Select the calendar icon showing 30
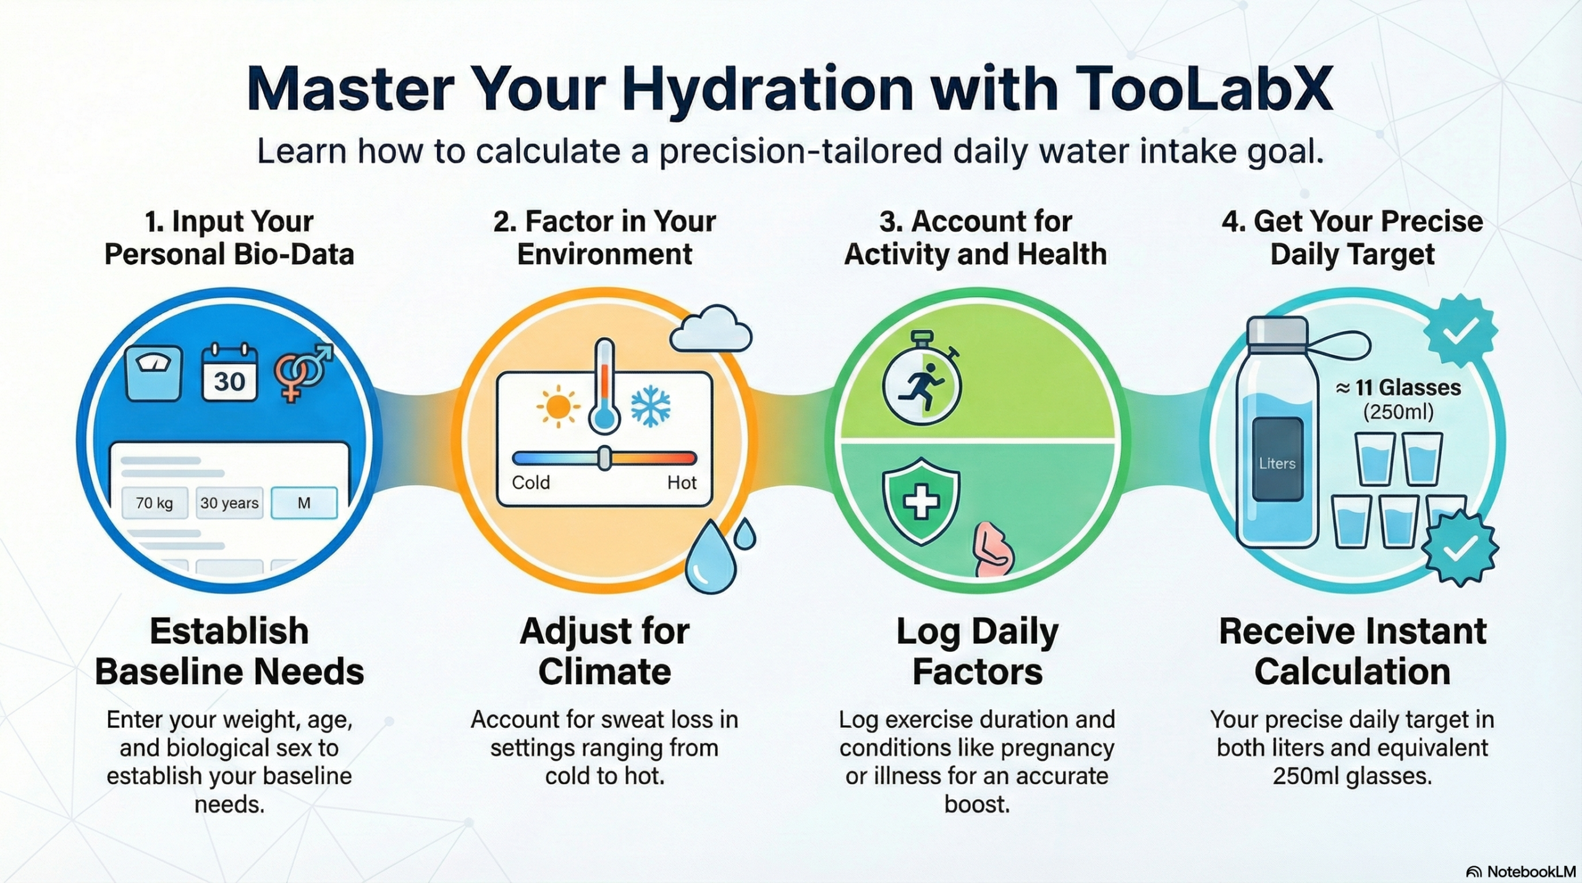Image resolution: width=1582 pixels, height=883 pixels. (229, 374)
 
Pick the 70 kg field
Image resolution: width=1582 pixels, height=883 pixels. (154, 503)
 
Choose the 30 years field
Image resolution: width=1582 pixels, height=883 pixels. (229, 503)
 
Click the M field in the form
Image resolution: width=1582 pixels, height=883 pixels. (304, 503)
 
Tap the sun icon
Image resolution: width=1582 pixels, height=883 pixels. (557, 407)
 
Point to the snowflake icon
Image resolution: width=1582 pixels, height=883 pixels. (650, 407)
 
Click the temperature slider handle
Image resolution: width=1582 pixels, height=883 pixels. (604, 458)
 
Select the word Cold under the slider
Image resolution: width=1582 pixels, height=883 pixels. (531, 483)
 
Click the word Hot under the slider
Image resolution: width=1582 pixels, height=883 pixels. (682, 483)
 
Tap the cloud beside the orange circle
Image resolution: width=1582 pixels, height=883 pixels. (711, 329)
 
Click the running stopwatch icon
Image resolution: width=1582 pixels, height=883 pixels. (921, 385)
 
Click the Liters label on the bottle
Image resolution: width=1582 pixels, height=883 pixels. (1277, 463)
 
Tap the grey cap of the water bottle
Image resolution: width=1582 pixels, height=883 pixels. (1277, 331)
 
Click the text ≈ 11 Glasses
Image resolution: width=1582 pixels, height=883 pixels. (1398, 388)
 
